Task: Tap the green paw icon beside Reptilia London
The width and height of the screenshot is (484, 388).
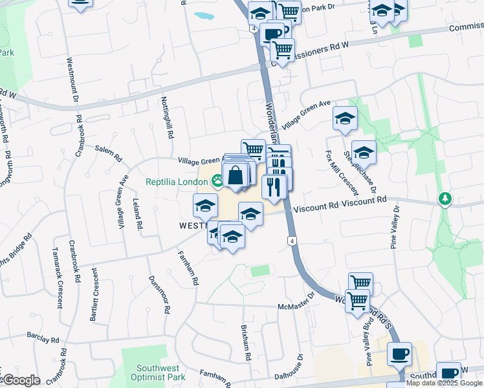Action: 217,182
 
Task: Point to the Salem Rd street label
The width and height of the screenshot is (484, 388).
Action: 108,153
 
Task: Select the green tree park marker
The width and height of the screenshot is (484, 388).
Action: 445,198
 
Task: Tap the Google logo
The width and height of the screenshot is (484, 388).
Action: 21,380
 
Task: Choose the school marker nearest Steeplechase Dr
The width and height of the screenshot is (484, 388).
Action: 364,153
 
